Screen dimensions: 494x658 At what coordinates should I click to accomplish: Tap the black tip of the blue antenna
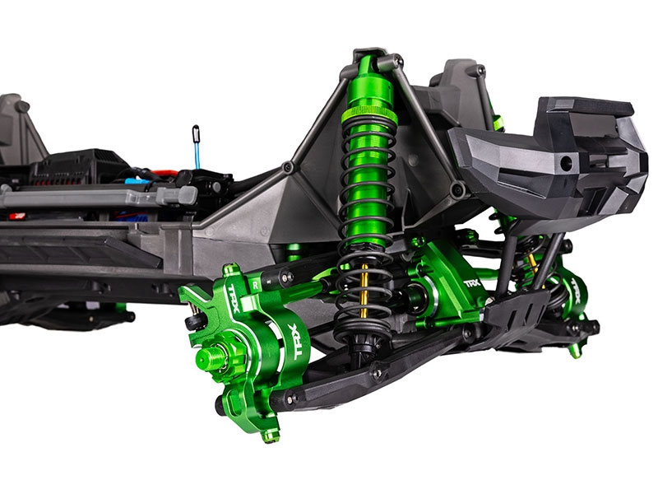[x=196, y=131]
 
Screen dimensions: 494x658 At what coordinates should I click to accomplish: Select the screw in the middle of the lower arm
[x=376, y=373]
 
